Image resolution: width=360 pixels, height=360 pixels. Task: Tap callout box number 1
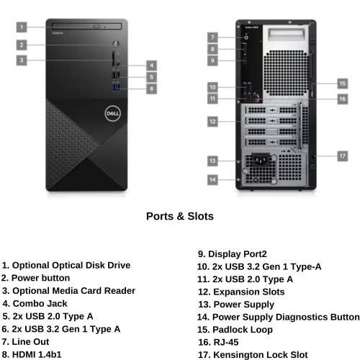point(22,27)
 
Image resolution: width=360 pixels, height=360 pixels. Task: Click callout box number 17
point(343,155)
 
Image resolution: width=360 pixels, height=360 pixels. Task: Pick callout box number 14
point(213,179)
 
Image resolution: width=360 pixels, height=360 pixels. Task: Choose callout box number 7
point(213,36)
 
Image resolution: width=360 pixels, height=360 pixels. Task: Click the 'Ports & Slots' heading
point(179,215)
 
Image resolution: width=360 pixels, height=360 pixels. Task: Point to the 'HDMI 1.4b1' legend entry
point(35,354)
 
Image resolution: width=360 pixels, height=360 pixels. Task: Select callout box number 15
point(343,83)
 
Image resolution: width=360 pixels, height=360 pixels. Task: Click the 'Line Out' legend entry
point(29,341)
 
